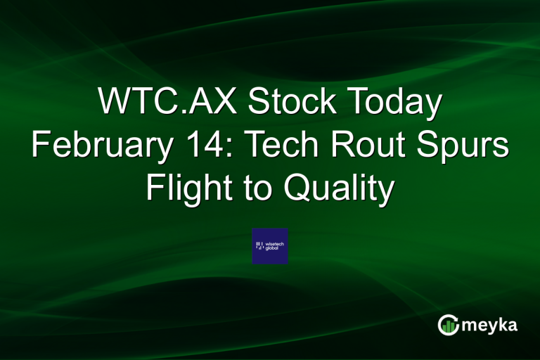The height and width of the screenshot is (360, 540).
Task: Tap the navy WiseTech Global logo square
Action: point(270,246)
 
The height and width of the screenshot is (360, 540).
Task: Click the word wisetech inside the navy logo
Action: point(275,243)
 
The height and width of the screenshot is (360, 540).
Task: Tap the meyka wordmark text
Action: point(491,326)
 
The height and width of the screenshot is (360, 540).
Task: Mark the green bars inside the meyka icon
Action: point(449,326)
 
